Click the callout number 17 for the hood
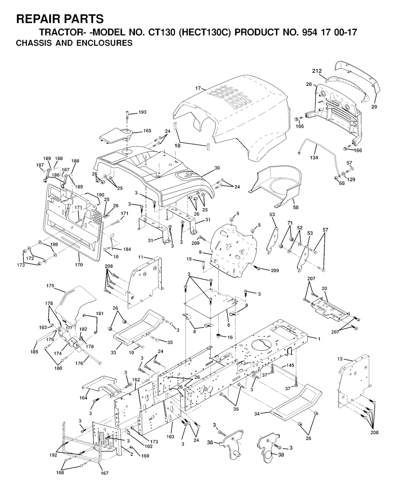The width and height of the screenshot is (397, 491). [x=198, y=88]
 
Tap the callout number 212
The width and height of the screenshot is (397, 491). [x=317, y=71]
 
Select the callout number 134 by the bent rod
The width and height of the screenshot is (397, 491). [x=314, y=158]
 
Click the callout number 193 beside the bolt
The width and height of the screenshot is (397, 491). [x=142, y=112]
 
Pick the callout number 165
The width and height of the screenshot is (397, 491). [x=147, y=131]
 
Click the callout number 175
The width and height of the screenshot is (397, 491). [x=50, y=286]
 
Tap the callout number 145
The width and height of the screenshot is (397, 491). [x=291, y=365]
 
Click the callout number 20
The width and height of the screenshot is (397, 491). [x=325, y=289]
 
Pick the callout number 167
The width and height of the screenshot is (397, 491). [x=105, y=473]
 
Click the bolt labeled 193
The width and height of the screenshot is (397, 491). [x=128, y=117]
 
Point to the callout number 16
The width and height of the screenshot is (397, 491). [x=230, y=337]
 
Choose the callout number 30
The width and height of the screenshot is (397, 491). [x=217, y=168]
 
